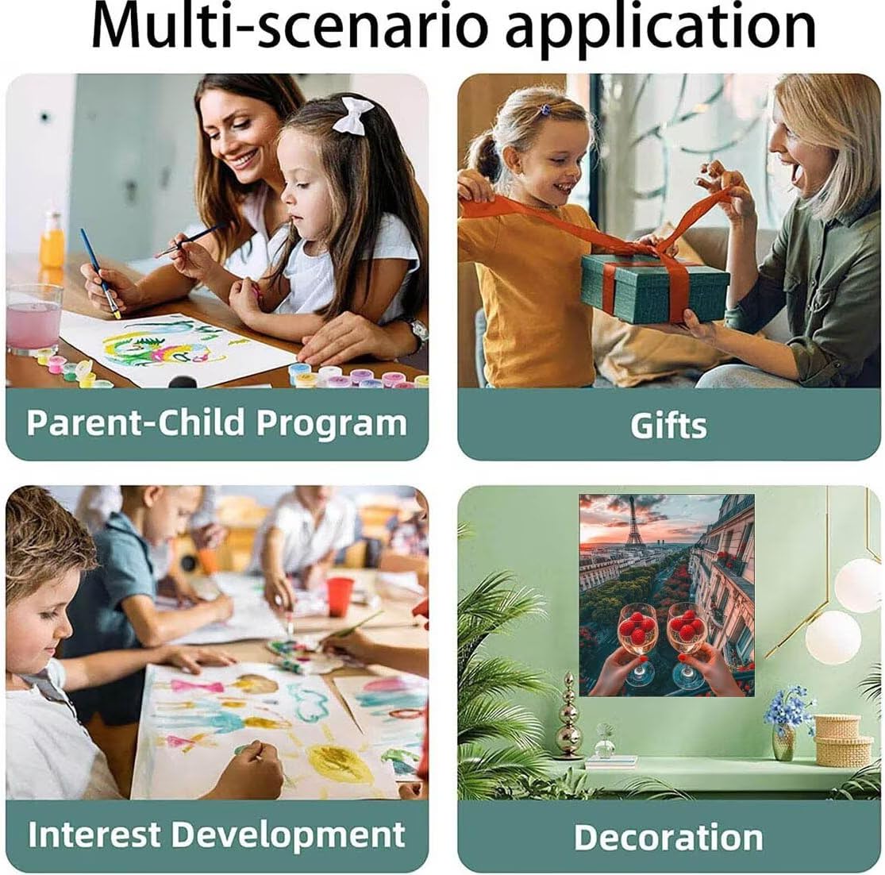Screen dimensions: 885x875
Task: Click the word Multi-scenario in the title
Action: (290, 27)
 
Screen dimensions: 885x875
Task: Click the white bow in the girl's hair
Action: (352, 114)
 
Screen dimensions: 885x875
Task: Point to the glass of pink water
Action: (34, 318)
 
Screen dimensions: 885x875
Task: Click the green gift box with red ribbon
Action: (655, 287)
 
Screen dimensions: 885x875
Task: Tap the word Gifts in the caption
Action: (669, 426)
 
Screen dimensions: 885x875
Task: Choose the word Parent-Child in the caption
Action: (135, 422)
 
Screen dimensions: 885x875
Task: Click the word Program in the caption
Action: (332, 424)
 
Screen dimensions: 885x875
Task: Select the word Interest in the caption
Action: (94, 835)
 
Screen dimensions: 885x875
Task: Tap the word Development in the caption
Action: (288, 836)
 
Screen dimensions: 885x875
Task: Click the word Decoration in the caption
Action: (669, 837)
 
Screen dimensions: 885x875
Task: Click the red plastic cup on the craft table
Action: (340, 596)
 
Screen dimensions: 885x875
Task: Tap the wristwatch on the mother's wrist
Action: (418, 333)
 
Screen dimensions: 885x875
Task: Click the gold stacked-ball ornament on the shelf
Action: (568, 715)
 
